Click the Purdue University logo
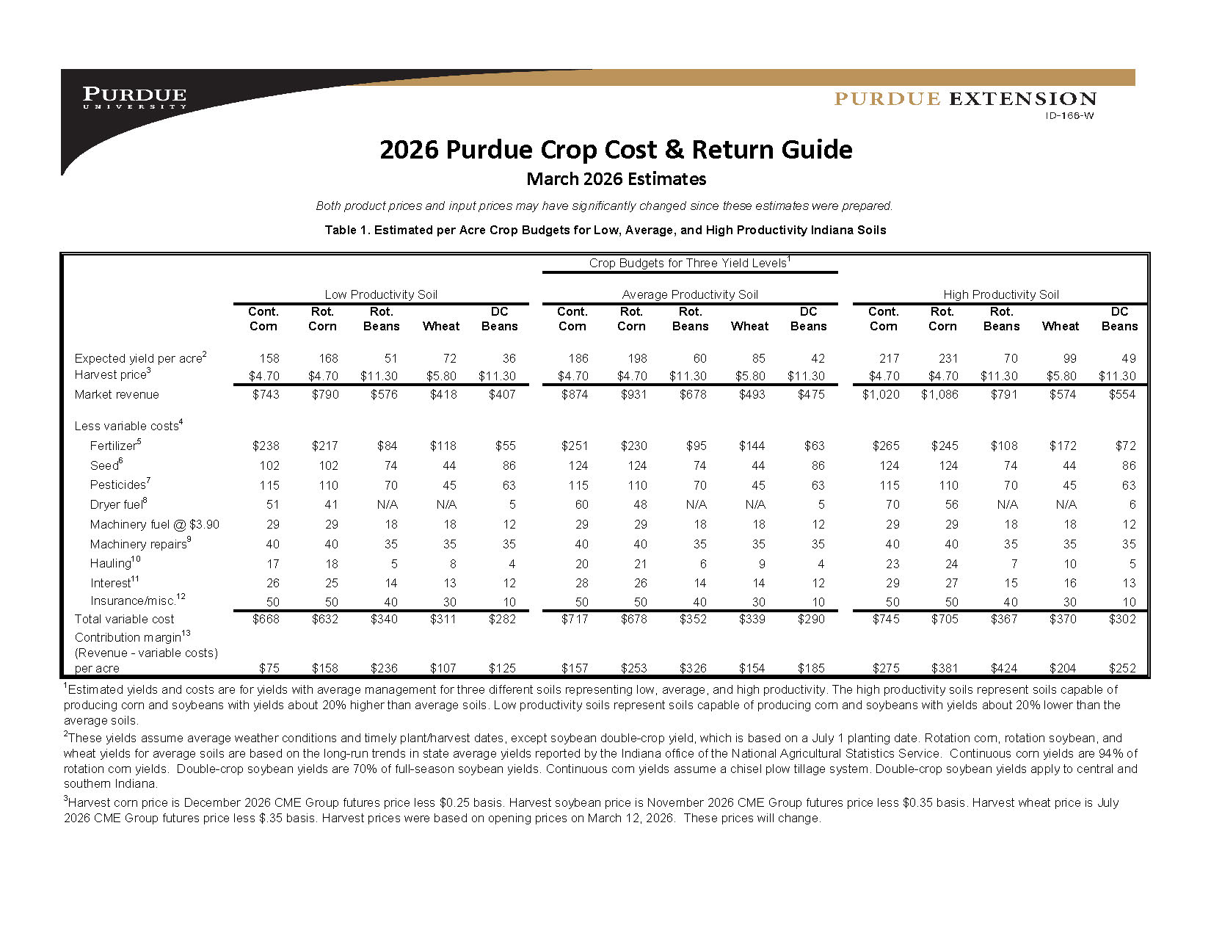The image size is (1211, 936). (134, 98)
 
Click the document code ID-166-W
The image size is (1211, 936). (1069, 115)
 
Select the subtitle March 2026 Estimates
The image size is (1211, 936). (617, 179)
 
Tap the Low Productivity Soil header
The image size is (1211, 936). (381, 294)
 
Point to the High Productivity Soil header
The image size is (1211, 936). (1001, 294)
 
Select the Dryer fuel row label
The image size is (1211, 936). (118, 504)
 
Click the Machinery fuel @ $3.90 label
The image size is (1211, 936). (154, 524)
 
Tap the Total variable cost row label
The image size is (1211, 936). (125, 619)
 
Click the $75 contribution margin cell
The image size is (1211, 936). (269, 668)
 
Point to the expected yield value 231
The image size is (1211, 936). (948, 358)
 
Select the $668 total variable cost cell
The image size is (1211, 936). (266, 619)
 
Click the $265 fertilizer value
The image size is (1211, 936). (885, 446)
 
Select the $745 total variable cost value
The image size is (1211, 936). (885, 619)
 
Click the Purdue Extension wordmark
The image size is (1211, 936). (965, 99)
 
